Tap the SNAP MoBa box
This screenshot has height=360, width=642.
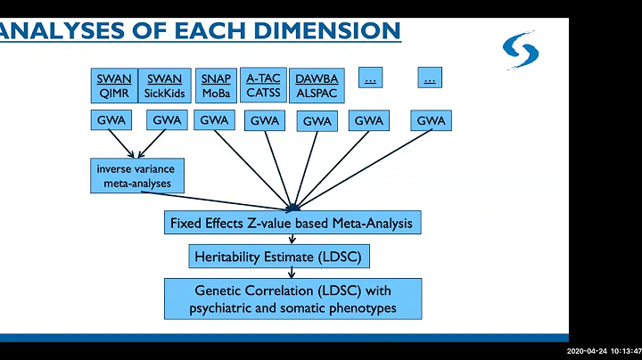pos(215,85)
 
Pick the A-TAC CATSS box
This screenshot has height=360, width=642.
pos(263,85)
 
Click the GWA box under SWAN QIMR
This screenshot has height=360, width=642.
pos(113,119)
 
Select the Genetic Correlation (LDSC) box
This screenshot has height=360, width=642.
pos(292,299)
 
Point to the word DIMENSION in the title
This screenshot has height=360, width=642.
pos(330,30)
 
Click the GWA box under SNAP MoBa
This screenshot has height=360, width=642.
pos(215,119)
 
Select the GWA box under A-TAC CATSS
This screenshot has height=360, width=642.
pos(265,120)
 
